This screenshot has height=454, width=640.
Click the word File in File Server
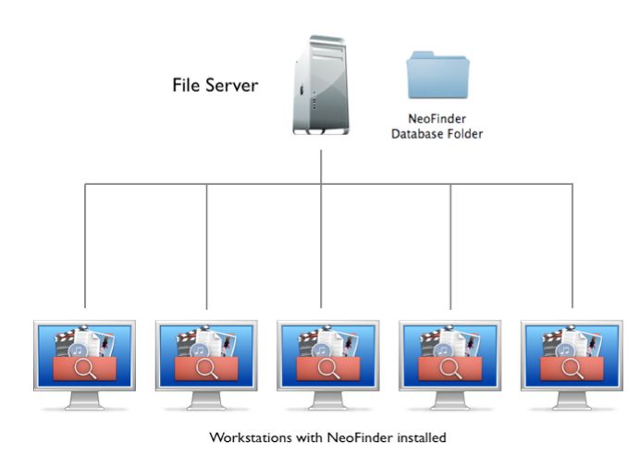coord(189,86)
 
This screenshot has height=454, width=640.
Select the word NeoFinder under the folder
coord(437,119)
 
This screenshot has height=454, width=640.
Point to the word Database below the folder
coord(417,134)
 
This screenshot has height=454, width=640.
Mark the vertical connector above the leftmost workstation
coord(85,245)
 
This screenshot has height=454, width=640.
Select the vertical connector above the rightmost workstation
coord(572,245)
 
